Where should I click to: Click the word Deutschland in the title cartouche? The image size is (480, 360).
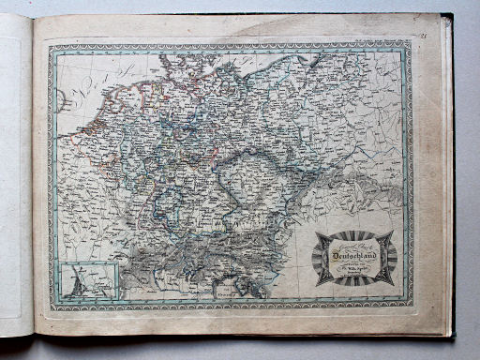[355, 250]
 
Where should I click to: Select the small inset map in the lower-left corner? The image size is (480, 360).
[90, 280]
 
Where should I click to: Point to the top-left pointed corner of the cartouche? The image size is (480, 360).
[316, 232]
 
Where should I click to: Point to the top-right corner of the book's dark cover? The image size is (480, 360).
[452, 15]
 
